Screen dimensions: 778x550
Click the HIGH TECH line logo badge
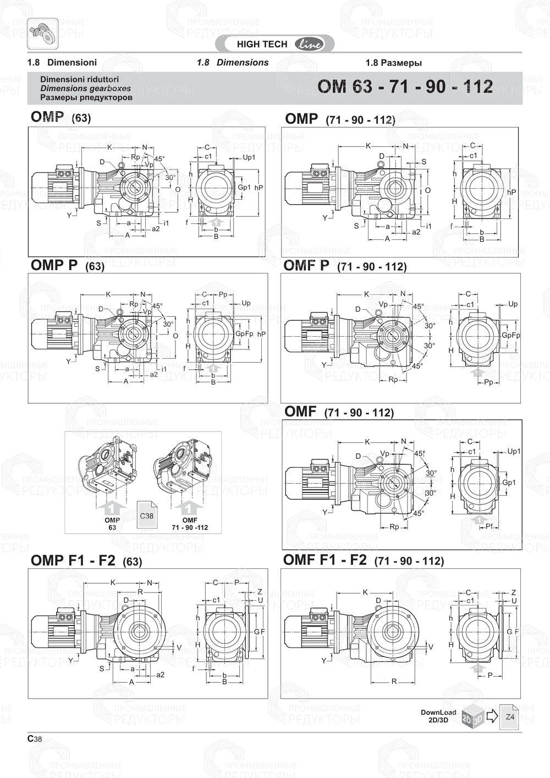point(279,45)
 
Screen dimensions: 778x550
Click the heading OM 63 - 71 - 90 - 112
point(405,87)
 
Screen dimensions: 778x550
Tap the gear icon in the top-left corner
point(42,32)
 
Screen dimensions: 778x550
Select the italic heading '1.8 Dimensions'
point(233,63)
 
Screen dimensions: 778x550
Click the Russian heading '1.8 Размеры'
point(393,63)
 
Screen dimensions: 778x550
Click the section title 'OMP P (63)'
point(67,266)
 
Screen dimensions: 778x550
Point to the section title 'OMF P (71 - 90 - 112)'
point(345,266)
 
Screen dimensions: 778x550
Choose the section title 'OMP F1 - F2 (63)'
point(86,561)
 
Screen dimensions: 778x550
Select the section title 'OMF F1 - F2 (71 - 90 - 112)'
point(363,560)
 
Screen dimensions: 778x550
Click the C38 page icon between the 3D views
point(147,516)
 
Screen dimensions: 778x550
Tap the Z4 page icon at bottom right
point(510,717)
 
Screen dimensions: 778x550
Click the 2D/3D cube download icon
point(472,716)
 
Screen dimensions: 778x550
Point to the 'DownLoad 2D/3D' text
point(438,716)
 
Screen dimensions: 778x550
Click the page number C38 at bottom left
point(35,739)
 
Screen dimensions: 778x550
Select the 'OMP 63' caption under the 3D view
point(112,523)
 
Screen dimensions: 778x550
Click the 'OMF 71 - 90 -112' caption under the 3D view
point(190,523)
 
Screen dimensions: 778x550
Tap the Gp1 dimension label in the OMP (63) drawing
point(244,187)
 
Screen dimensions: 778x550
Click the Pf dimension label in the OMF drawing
point(489,527)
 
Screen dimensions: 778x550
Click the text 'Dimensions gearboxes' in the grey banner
point(85,88)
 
